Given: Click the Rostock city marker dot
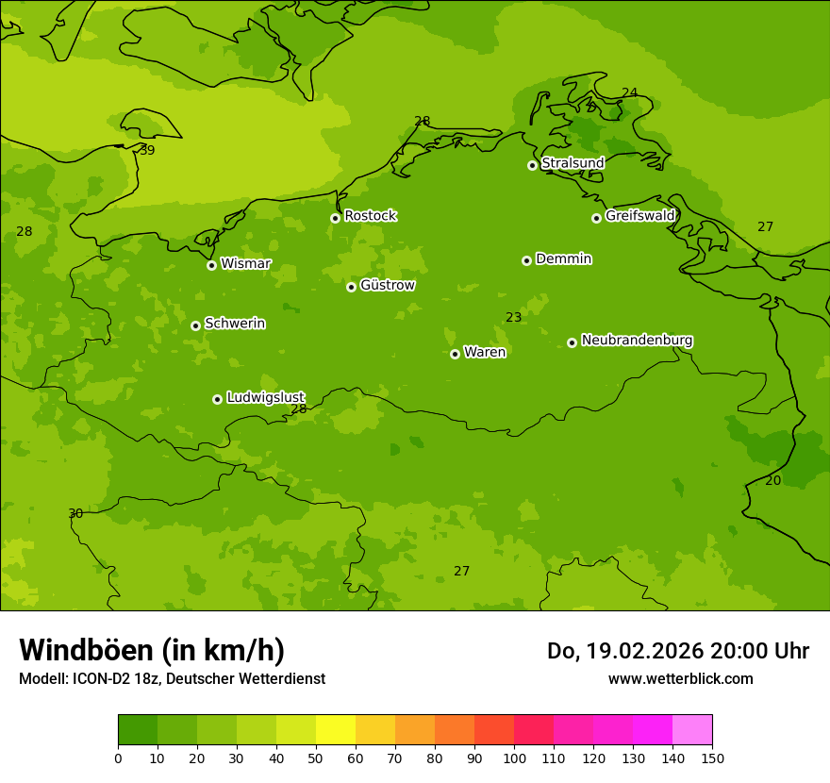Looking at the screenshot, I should [x=335, y=218].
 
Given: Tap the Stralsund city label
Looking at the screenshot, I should [x=573, y=163].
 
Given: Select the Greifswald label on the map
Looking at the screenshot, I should [x=639, y=216].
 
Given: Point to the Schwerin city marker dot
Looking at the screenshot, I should [x=195, y=325].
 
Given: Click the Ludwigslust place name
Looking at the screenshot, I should [x=265, y=397].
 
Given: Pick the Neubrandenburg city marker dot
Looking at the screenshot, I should [x=572, y=342].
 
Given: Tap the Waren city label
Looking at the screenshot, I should [x=485, y=353].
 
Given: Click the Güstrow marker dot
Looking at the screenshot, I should [x=351, y=287].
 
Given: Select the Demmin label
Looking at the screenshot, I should [x=563, y=259].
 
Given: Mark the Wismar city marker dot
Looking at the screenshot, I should [x=211, y=265].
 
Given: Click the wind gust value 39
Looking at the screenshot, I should [x=147, y=150].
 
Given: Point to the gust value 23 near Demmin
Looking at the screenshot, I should [x=513, y=318].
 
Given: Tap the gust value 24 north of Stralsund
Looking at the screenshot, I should [x=629, y=92].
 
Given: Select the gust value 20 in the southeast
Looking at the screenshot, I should [x=772, y=480].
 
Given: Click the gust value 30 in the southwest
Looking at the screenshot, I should [x=75, y=513].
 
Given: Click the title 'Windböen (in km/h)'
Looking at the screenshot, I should [x=152, y=650].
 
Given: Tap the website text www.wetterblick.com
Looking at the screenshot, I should [x=680, y=678].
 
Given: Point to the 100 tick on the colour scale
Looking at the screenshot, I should [x=514, y=758].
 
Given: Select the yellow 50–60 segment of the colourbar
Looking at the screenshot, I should [x=336, y=730].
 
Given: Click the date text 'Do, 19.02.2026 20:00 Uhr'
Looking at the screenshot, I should [x=677, y=651].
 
